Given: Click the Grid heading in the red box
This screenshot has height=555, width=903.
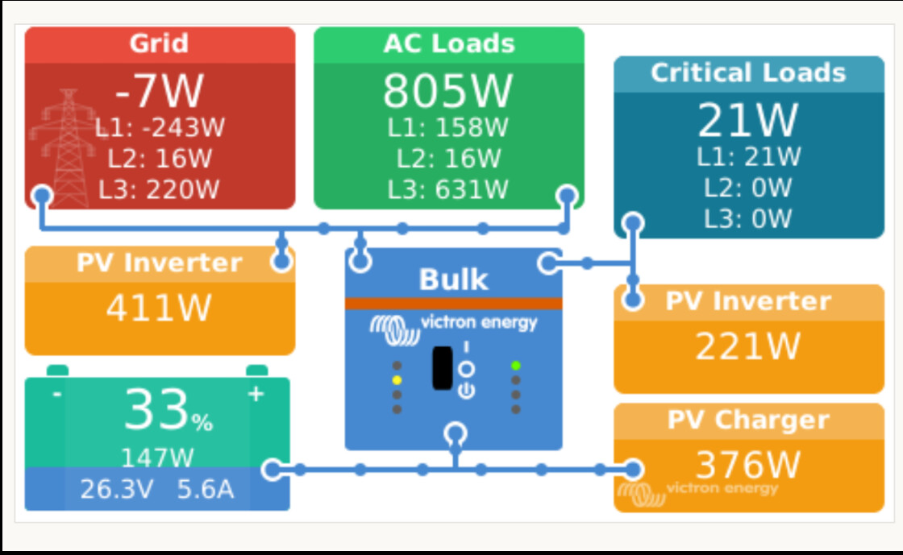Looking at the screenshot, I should pos(159,43).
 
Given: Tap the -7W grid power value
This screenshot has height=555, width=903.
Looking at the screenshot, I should pos(159,90).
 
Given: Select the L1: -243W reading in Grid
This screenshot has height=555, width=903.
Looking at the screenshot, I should pos(159,127).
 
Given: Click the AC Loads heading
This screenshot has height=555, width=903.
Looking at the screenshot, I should pos(448,43).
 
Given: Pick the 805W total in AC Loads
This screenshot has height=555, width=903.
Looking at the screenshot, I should pos(447,90).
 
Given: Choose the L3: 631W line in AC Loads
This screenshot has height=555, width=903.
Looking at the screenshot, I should pos(447,189).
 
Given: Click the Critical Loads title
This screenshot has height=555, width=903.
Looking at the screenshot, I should pos(748,72).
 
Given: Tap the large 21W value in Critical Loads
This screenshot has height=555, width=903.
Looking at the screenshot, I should pos(748,121).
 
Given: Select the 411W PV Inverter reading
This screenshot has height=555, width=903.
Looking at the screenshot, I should pos(159,307).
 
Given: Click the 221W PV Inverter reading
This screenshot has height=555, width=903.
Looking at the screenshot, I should pos(748,346).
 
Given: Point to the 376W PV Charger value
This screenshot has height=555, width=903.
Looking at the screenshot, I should pos(748,465).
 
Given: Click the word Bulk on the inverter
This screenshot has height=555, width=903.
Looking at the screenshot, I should pos(453,280).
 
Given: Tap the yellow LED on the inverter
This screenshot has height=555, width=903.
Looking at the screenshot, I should pos(397,379).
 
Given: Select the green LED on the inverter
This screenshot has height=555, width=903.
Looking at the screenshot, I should pos(516,366).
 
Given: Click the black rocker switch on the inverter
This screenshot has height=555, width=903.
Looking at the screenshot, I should pos(442,368).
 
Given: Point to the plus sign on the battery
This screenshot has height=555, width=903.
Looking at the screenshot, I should pos(256,395).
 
